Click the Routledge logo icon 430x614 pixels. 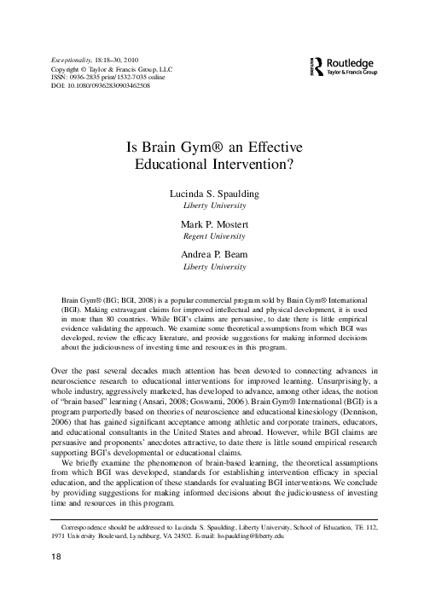click(318, 67)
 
